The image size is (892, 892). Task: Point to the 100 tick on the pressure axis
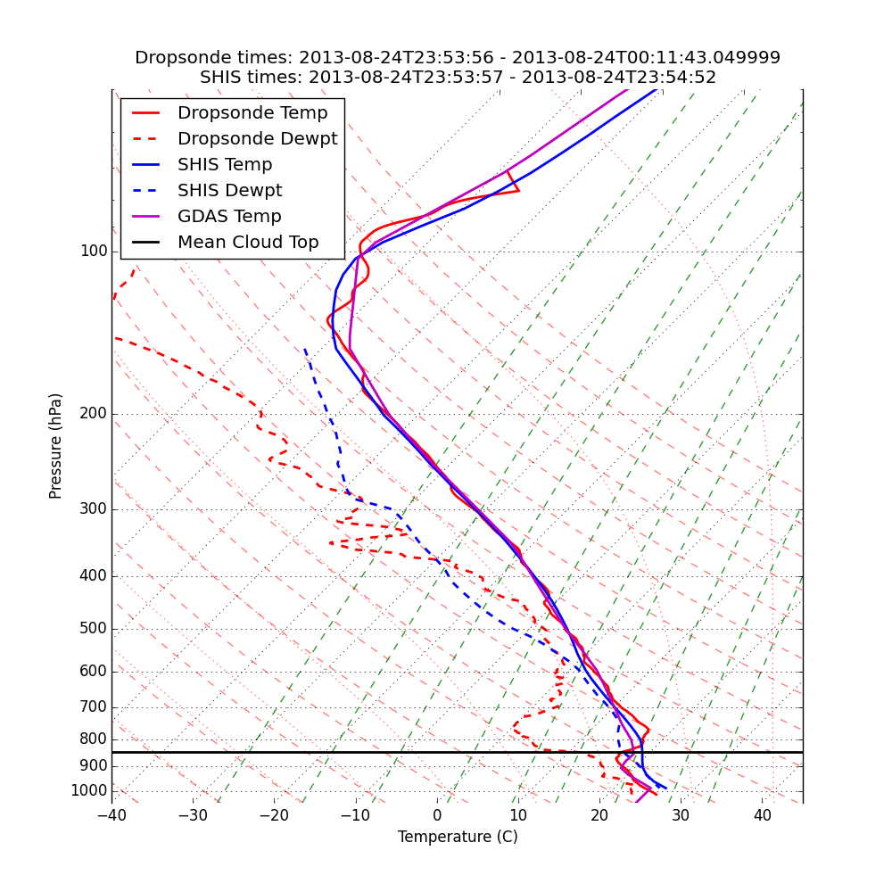(x=94, y=252)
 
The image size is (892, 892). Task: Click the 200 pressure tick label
(x=94, y=414)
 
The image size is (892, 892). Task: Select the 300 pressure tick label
(x=94, y=509)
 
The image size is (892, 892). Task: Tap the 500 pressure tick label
(x=94, y=629)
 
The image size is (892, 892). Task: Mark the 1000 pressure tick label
(x=89, y=791)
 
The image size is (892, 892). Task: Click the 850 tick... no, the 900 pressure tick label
(x=94, y=766)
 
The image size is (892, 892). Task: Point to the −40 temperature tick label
(x=111, y=815)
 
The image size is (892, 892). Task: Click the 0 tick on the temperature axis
(x=437, y=815)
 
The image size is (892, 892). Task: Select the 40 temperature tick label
(x=762, y=815)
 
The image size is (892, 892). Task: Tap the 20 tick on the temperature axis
(x=599, y=815)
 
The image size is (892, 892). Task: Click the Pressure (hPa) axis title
(x=56, y=446)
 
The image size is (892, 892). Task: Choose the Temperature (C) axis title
(x=458, y=837)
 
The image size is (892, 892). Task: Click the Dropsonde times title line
(x=458, y=58)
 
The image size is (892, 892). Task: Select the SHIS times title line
(x=458, y=78)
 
